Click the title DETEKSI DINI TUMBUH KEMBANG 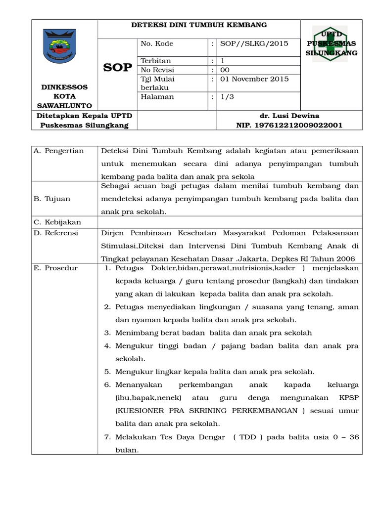[x=198, y=25]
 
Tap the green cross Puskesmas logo [x=332, y=43]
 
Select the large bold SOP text [x=118, y=68]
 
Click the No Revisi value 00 [x=225, y=70]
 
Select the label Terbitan [x=156, y=61]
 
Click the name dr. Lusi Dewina [x=289, y=115]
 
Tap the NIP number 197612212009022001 [x=289, y=125]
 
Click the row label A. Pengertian [x=58, y=151]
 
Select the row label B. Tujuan [x=52, y=199]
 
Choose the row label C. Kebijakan [x=57, y=222]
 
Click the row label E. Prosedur [x=55, y=268]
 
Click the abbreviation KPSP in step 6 [x=347, y=397]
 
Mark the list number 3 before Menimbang [x=107, y=333]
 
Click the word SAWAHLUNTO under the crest [x=64, y=106]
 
